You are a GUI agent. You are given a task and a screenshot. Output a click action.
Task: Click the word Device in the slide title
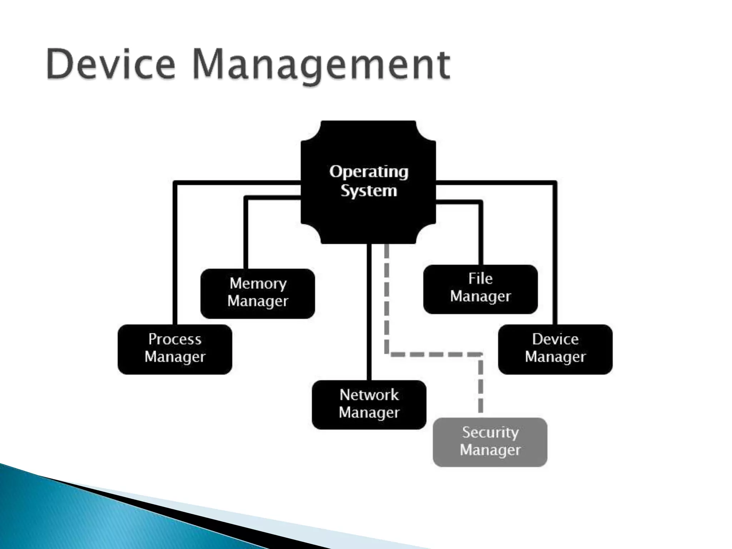(x=111, y=64)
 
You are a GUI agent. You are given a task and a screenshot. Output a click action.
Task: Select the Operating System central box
(x=369, y=214)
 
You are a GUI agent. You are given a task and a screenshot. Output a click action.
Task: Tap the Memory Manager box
(x=258, y=293)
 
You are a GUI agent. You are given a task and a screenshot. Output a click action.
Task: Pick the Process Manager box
(x=175, y=349)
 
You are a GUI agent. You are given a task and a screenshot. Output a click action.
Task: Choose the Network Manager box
(x=369, y=405)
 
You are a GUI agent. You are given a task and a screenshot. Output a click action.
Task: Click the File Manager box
(x=480, y=289)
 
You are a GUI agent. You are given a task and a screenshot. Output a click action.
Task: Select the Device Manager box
(x=555, y=349)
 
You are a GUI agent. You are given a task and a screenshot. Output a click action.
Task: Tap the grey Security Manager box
(x=490, y=442)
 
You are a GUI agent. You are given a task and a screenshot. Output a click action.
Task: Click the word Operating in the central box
(x=369, y=172)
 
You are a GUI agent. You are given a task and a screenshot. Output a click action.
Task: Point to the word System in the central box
(x=369, y=191)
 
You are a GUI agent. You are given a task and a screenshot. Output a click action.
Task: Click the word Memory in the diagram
(x=258, y=283)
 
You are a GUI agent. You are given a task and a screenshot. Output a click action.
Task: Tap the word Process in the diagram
(x=175, y=339)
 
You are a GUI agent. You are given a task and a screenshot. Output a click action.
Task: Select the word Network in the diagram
(x=369, y=395)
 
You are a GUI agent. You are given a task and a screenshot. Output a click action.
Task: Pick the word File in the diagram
(x=480, y=279)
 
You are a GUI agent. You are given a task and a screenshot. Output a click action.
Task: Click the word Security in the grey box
(x=490, y=432)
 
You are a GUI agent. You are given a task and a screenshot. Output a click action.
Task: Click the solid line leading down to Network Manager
(x=369, y=315)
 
